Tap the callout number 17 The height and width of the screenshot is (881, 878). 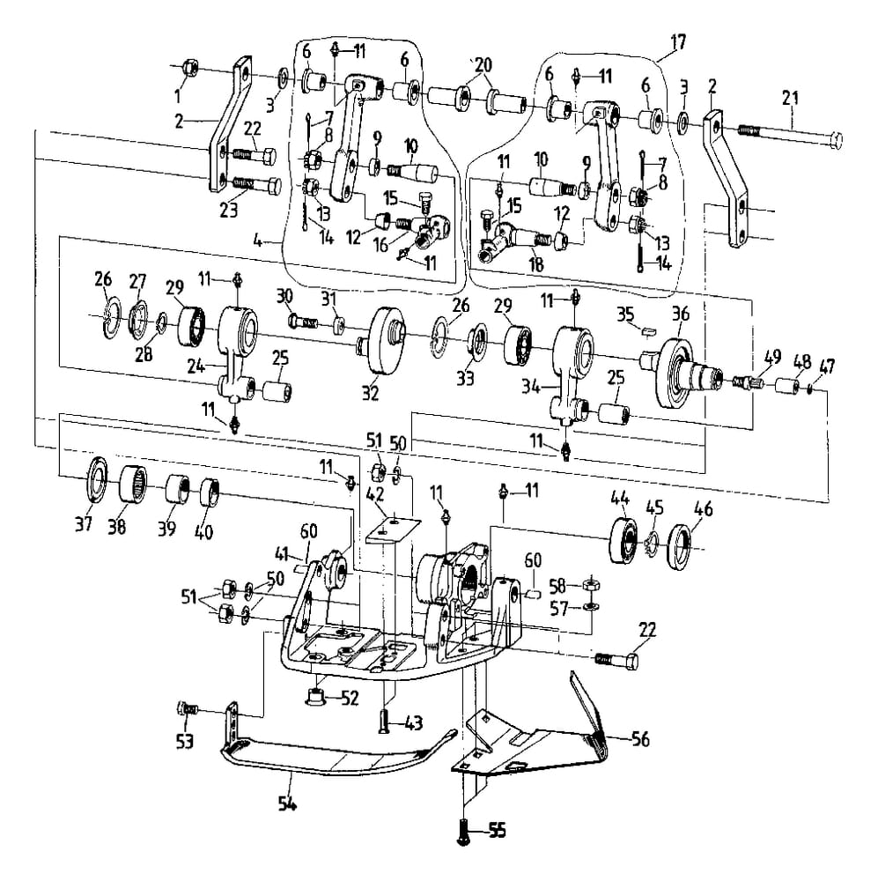point(677,41)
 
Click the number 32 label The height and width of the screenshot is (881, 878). point(370,390)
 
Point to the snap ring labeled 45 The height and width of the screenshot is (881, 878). point(654,539)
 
